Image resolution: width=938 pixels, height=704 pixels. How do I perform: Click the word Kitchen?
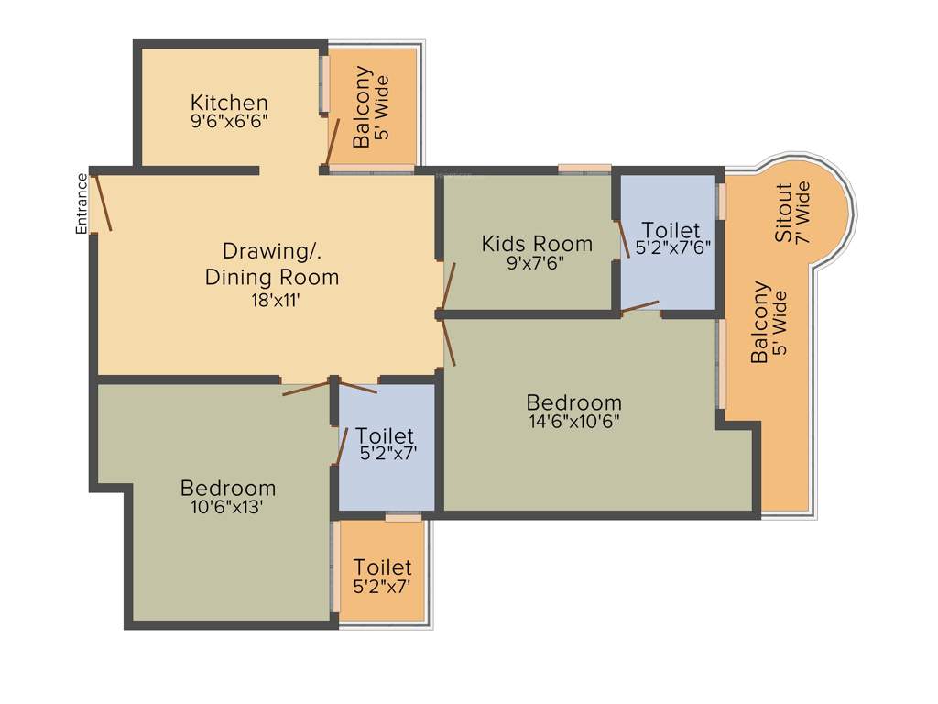tap(229, 102)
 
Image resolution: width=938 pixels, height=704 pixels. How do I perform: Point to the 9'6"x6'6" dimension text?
tap(229, 119)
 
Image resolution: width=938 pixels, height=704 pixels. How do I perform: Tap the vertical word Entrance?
tap(82, 203)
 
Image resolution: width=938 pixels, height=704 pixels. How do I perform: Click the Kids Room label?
tap(537, 244)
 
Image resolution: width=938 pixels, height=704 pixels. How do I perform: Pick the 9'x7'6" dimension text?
tap(537, 262)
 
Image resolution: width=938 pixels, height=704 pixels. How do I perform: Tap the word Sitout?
tap(784, 213)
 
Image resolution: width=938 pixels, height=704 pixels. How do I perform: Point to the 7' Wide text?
tap(803, 213)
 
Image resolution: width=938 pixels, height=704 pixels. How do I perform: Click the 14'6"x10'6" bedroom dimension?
tap(573, 421)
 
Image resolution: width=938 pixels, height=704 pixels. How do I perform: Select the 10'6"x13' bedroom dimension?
tap(228, 506)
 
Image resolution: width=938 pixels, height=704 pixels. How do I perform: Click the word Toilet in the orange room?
tap(382, 567)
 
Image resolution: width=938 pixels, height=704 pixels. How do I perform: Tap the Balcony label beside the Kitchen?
tap(363, 107)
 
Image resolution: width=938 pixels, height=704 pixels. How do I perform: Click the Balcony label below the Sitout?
tap(760, 323)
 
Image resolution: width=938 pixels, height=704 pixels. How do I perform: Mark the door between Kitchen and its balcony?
tap(334, 143)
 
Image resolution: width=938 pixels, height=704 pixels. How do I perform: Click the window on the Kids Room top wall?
tap(584, 168)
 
